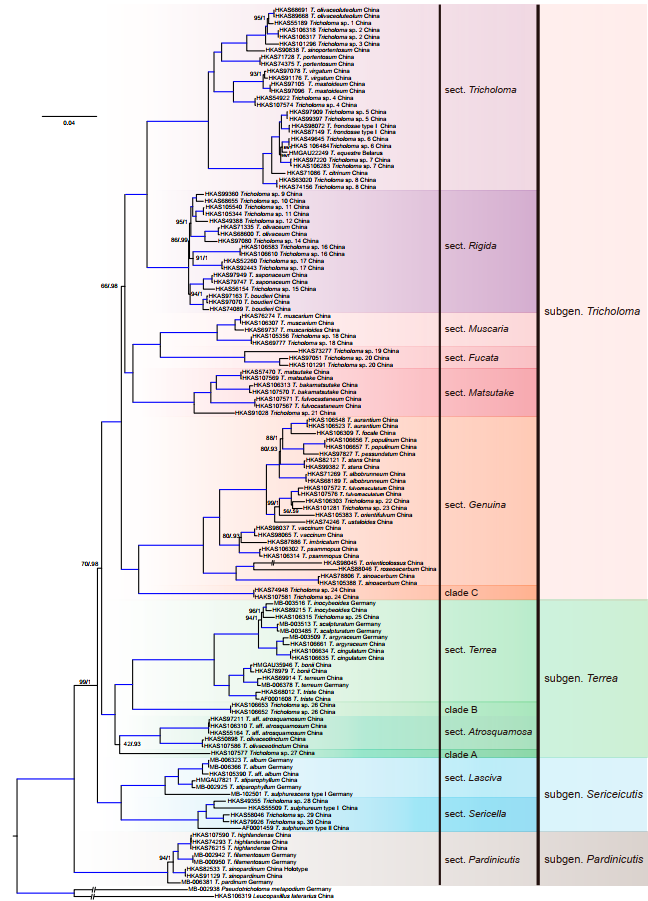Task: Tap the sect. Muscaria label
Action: tap(476, 328)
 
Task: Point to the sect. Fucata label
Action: tap(472, 357)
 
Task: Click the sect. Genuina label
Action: tap(476, 506)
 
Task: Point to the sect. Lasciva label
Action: tap(471, 776)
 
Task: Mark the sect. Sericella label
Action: tap(473, 813)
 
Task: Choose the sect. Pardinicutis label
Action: tap(483, 859)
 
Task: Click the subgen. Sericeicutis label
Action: tap(593, 794)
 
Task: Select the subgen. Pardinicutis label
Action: tap(593, 859)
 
